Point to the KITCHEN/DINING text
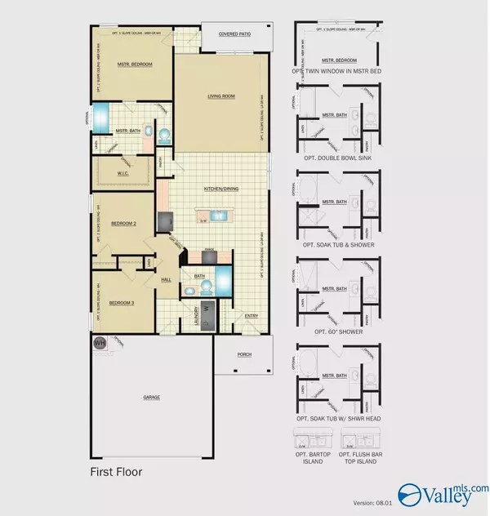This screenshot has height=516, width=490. [x=220, y=189]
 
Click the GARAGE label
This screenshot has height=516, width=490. [x=152, y=397]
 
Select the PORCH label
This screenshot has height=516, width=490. [x=238, y=353]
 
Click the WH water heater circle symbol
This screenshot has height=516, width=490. [x=100, y=343]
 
